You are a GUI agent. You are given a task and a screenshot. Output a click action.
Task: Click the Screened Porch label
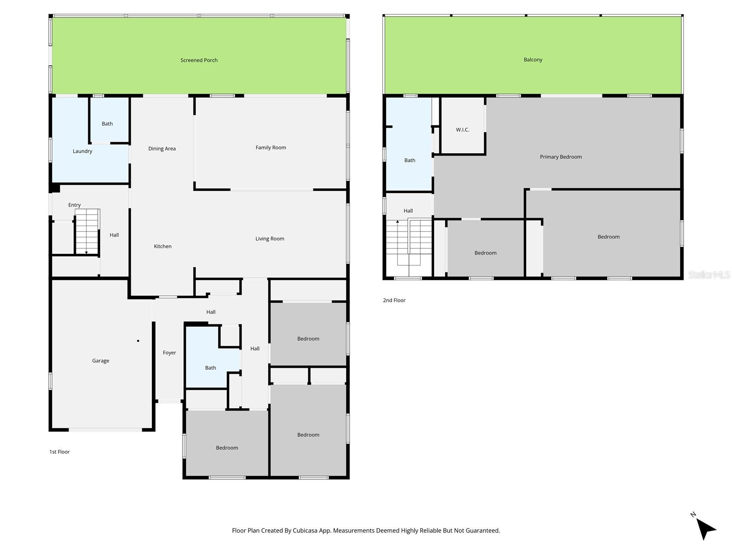(199, 60)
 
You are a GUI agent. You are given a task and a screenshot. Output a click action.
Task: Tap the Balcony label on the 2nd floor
(533, 59)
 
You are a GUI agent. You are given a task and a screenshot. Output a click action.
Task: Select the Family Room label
(270, 147)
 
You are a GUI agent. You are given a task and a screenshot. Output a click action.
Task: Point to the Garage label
(101, 361)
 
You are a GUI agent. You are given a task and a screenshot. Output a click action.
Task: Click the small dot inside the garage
(138, 341)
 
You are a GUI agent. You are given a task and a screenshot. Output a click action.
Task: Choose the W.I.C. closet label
(463, 129)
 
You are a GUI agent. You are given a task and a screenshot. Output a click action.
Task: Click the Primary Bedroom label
(560, 156)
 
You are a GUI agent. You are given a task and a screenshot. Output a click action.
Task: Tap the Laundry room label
(82, 151)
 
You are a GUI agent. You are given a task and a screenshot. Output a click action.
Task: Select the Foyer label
(169, 353)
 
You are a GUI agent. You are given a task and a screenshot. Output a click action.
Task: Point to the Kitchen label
(162, 246)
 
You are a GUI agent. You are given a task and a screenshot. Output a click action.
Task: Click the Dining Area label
(162, 148)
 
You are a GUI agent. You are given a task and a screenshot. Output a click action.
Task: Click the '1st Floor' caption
(59, 452)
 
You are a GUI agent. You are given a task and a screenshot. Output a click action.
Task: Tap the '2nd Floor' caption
(394, 300)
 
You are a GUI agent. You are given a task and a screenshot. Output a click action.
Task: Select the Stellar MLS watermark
(709, 274)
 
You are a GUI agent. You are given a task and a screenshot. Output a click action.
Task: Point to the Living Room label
(269, 238)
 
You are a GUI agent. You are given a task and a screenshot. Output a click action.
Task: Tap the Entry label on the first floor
(75, 205)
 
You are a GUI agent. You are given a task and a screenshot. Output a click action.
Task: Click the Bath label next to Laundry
(107, 124)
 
